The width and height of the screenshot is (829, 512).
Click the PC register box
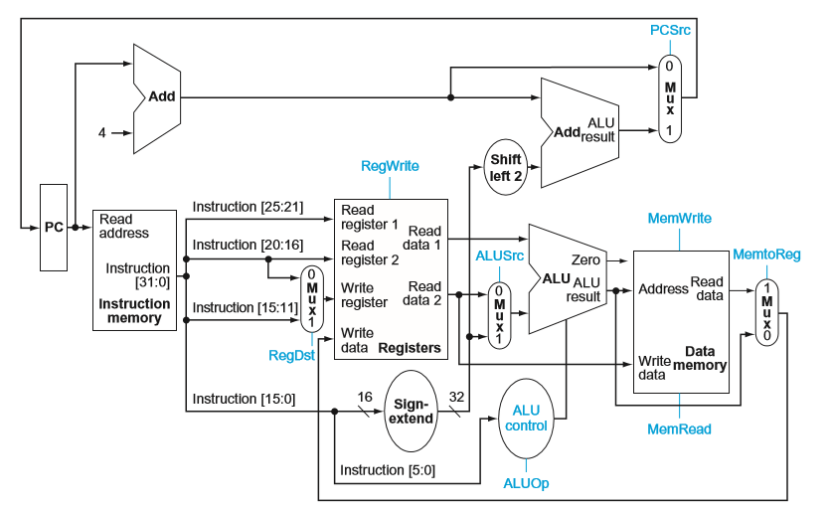coord(54,227)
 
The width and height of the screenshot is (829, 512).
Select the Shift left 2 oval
coord(505,167)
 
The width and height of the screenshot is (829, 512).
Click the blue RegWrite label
coord(390,166)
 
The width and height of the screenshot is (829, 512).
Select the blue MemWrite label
coord(679,218)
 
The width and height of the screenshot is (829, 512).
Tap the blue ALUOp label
coord(526,484)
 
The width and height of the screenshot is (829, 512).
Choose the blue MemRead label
coord(680,429)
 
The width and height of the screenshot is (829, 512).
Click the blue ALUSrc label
coord(498,256)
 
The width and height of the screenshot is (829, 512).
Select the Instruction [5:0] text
coord(387,469)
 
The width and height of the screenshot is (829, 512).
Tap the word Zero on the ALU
coord(585,259)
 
